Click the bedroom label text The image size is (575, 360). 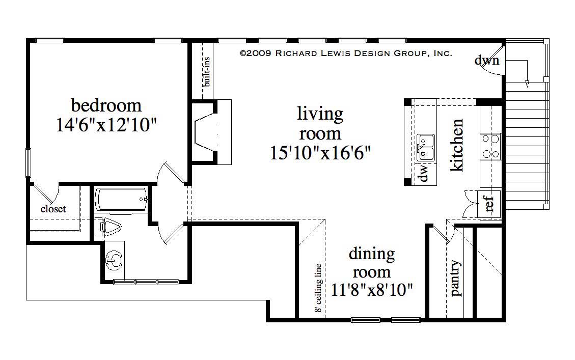pos(106,105)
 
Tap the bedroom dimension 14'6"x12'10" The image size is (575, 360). pos(106,125)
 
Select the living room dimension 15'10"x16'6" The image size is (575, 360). pos(320,152)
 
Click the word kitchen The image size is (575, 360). pos(457,145)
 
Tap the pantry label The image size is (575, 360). pos(456,279)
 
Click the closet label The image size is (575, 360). pos(53,209)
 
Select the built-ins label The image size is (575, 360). pos(207,71)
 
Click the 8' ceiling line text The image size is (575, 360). pos(318,288)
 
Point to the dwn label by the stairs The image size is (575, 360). pos(487,61)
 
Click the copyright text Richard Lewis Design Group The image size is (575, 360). pos(345,53)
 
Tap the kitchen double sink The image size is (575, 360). pos(425,147)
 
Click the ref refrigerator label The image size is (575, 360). pos(489,203)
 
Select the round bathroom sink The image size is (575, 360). pos(113,262)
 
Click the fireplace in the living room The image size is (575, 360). pos(206,131)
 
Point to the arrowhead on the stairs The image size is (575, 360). pos(527,84)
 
